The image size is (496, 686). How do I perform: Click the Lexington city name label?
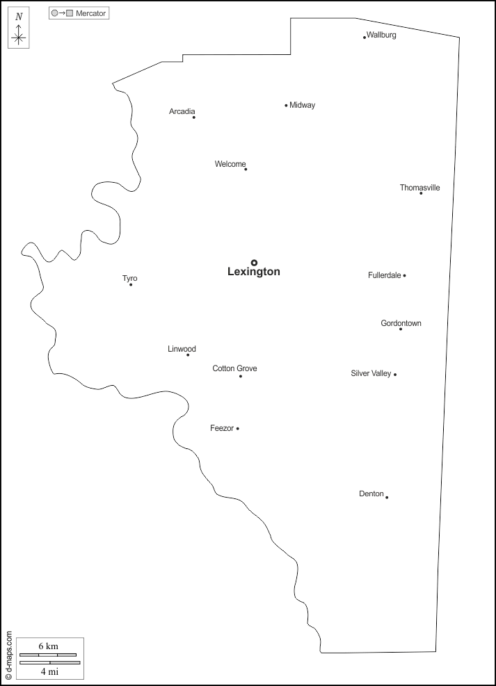click(254, 272)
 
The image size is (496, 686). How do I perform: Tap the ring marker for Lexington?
click(254, 263)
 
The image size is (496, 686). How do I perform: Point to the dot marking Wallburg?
click(364, 37)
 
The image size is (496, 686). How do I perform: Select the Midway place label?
click(303, 105)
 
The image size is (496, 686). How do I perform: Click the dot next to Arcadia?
click(193, 117)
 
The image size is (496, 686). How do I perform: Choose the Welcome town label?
click(230, 164)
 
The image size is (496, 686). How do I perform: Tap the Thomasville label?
click(419, 188)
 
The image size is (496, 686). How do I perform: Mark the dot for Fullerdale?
click(404, 275)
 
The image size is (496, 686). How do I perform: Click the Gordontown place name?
click(401, 323)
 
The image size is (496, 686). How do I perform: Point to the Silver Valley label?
click(371, 373)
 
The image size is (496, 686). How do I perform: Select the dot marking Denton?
click(387, 497)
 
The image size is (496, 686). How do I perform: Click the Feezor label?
click(222, 428)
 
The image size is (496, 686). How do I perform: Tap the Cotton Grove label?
click(234, 368)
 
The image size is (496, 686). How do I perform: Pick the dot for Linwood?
click(188, 355)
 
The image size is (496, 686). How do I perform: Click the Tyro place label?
click(130, 279)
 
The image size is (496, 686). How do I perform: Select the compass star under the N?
click(19, 38)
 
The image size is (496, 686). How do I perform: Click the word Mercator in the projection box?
click(91, 13)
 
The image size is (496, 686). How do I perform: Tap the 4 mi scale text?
click(48, 671)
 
